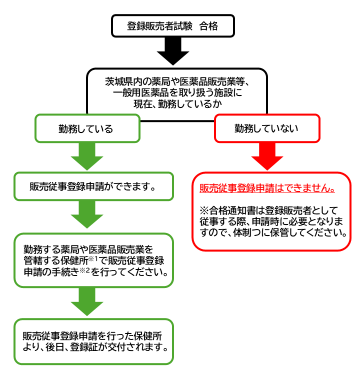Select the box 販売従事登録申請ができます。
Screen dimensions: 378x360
(x=93, y=186)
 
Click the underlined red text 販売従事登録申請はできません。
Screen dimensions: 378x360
(x=267, y=188)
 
